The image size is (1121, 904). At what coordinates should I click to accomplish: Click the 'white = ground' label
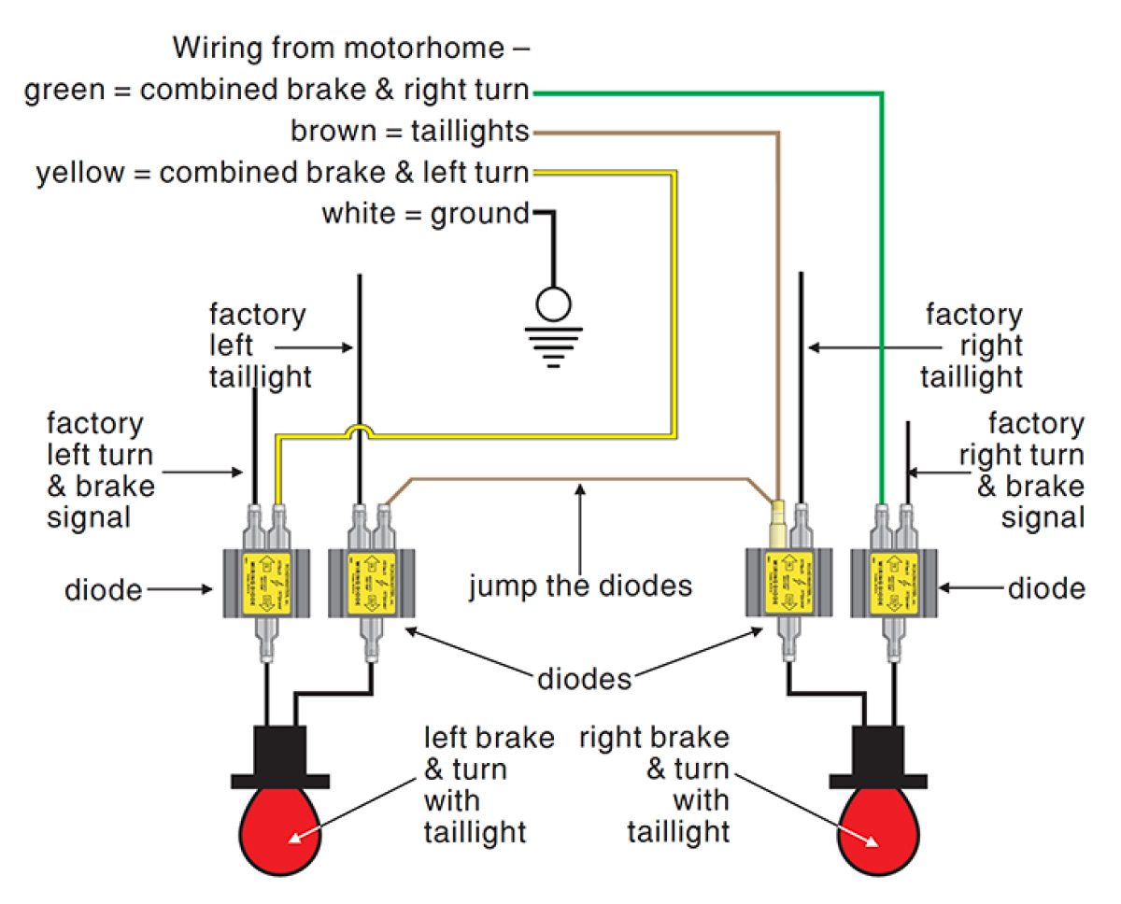(x=425, y=214)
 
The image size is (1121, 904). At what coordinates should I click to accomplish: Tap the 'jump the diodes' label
(x=580, y=586)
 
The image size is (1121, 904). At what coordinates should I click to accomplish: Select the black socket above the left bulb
(x=279, y=753)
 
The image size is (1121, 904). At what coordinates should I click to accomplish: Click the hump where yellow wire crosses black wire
(x=359, y=431)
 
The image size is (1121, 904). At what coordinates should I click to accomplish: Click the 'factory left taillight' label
(x=256, y=346)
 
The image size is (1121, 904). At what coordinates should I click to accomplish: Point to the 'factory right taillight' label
(x=972, y=346)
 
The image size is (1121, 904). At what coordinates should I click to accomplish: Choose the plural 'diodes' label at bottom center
(x=585, y=679)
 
